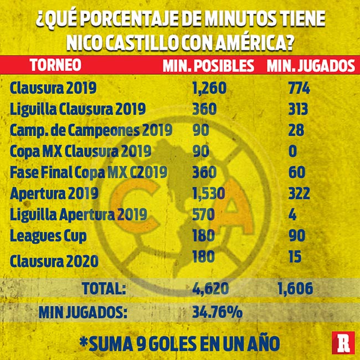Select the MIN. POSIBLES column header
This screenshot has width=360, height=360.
click(208, 65)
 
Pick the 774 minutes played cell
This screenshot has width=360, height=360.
click(299, 88)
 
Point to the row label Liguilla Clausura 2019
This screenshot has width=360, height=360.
click(78, 109)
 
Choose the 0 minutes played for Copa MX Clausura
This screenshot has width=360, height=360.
click(292, 151)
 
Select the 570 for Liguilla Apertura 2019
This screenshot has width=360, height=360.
click(204, 214)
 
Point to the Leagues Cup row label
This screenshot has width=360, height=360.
click(48, 235)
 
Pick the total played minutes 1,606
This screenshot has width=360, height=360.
click(294, 289)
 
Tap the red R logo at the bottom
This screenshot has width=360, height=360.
click(343, 343)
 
